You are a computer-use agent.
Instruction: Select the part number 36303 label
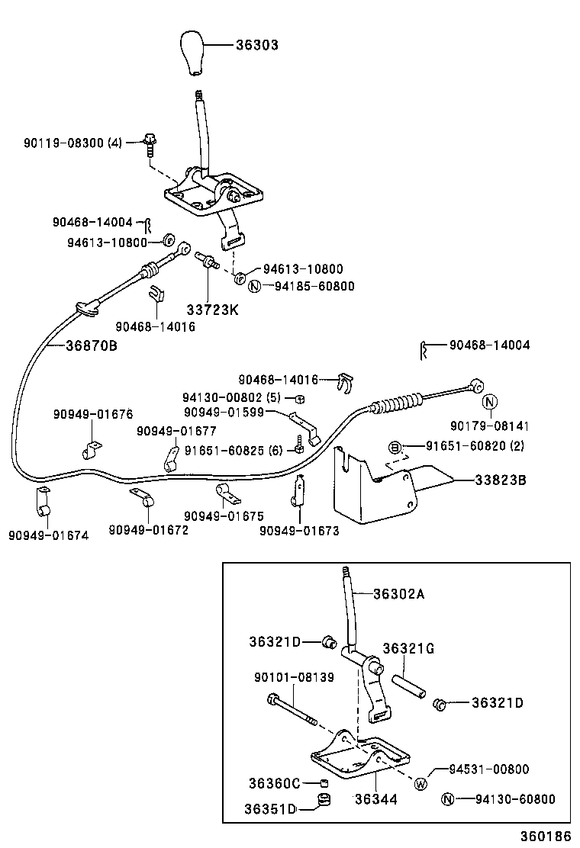click(256, 46)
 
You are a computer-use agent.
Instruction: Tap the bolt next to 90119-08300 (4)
click(149, 143)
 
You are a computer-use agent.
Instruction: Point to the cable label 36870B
click(91, 345)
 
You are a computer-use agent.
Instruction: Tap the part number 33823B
click(499, 480)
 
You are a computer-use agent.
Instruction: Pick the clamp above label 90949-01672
click(142, 497)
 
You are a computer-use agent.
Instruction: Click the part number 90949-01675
click(221, 516)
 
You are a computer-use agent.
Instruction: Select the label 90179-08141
click(489, 426)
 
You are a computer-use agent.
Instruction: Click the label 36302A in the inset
click(398, 595)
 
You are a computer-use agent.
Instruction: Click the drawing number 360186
click(546, 837)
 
